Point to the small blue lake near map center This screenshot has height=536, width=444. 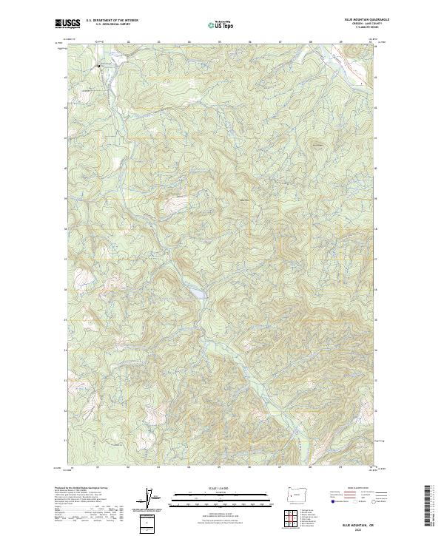198,294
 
